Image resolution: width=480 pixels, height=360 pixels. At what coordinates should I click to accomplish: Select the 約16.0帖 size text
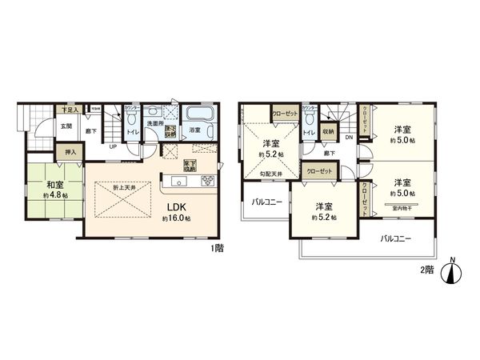(x=177, y=216)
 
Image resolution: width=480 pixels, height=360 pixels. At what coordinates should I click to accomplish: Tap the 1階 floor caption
(x=218, y=249)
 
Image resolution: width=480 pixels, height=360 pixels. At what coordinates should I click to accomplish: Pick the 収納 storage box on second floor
(x=329, y=134)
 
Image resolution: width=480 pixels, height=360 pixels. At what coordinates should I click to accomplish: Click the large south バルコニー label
(x=396, y=238)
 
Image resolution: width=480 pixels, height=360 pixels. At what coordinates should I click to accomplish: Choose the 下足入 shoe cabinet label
(x=48, y=107)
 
